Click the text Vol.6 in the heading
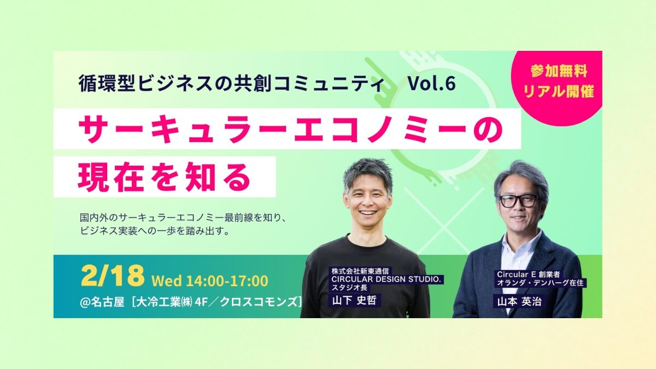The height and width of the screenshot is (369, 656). tap(432, 83)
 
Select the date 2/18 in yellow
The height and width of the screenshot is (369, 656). tap(113, 277)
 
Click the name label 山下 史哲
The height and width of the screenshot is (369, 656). tap(354, 301)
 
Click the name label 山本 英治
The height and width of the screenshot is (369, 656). tap(519, 301)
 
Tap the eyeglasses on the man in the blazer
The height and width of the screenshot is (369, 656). tap(519, 201)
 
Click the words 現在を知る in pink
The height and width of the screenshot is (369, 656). tap(164, 177)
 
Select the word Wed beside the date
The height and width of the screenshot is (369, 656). tap(166, 281)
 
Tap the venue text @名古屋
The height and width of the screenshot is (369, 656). tap(102, 302)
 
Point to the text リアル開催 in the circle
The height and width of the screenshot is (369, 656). tap(558, 92)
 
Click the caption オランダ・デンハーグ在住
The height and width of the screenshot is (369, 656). tap(540, 283)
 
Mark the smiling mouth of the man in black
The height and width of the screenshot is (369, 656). tap(368, 212)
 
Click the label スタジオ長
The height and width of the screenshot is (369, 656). tap(349, 288)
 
